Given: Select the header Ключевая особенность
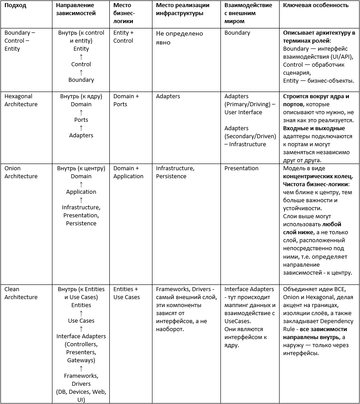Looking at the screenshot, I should (x=316, y=5).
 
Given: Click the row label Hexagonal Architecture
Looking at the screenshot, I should (x=21, y=100).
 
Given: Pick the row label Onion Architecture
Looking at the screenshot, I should (x=21, y=172).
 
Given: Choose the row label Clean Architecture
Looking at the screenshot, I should (x=21, y=293).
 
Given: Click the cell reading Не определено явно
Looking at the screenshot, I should (x=179, y=38).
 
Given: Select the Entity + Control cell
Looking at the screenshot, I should (x=123, y=36).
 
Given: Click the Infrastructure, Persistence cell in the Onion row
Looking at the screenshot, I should (x=175, y=172).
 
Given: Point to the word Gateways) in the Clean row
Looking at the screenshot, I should (x=81, y=360).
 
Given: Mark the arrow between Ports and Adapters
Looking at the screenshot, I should (x=81, y=128).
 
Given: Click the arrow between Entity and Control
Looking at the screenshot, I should (x=81, y=56).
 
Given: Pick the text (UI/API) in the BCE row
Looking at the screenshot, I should (x=340, y=56).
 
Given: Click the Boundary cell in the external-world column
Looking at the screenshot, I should (x=237, y=33).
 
